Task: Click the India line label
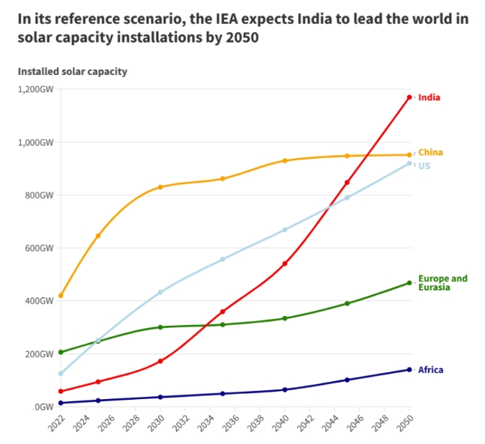click(429, 97)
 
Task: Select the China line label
click(430, 153)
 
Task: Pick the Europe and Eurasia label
click(442, 282)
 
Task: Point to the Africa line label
click(431, 370)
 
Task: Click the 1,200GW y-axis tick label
click(36, 89)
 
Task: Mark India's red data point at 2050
click(409, 97)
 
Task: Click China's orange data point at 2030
click(160, 187)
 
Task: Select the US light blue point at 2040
click(285, 230)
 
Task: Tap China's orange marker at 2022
click(61, 296)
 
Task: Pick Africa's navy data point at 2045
click(347, 380)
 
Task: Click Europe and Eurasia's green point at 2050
click(409, 283)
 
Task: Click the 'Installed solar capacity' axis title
click(73, 72)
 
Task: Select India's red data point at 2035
click(223, 311)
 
